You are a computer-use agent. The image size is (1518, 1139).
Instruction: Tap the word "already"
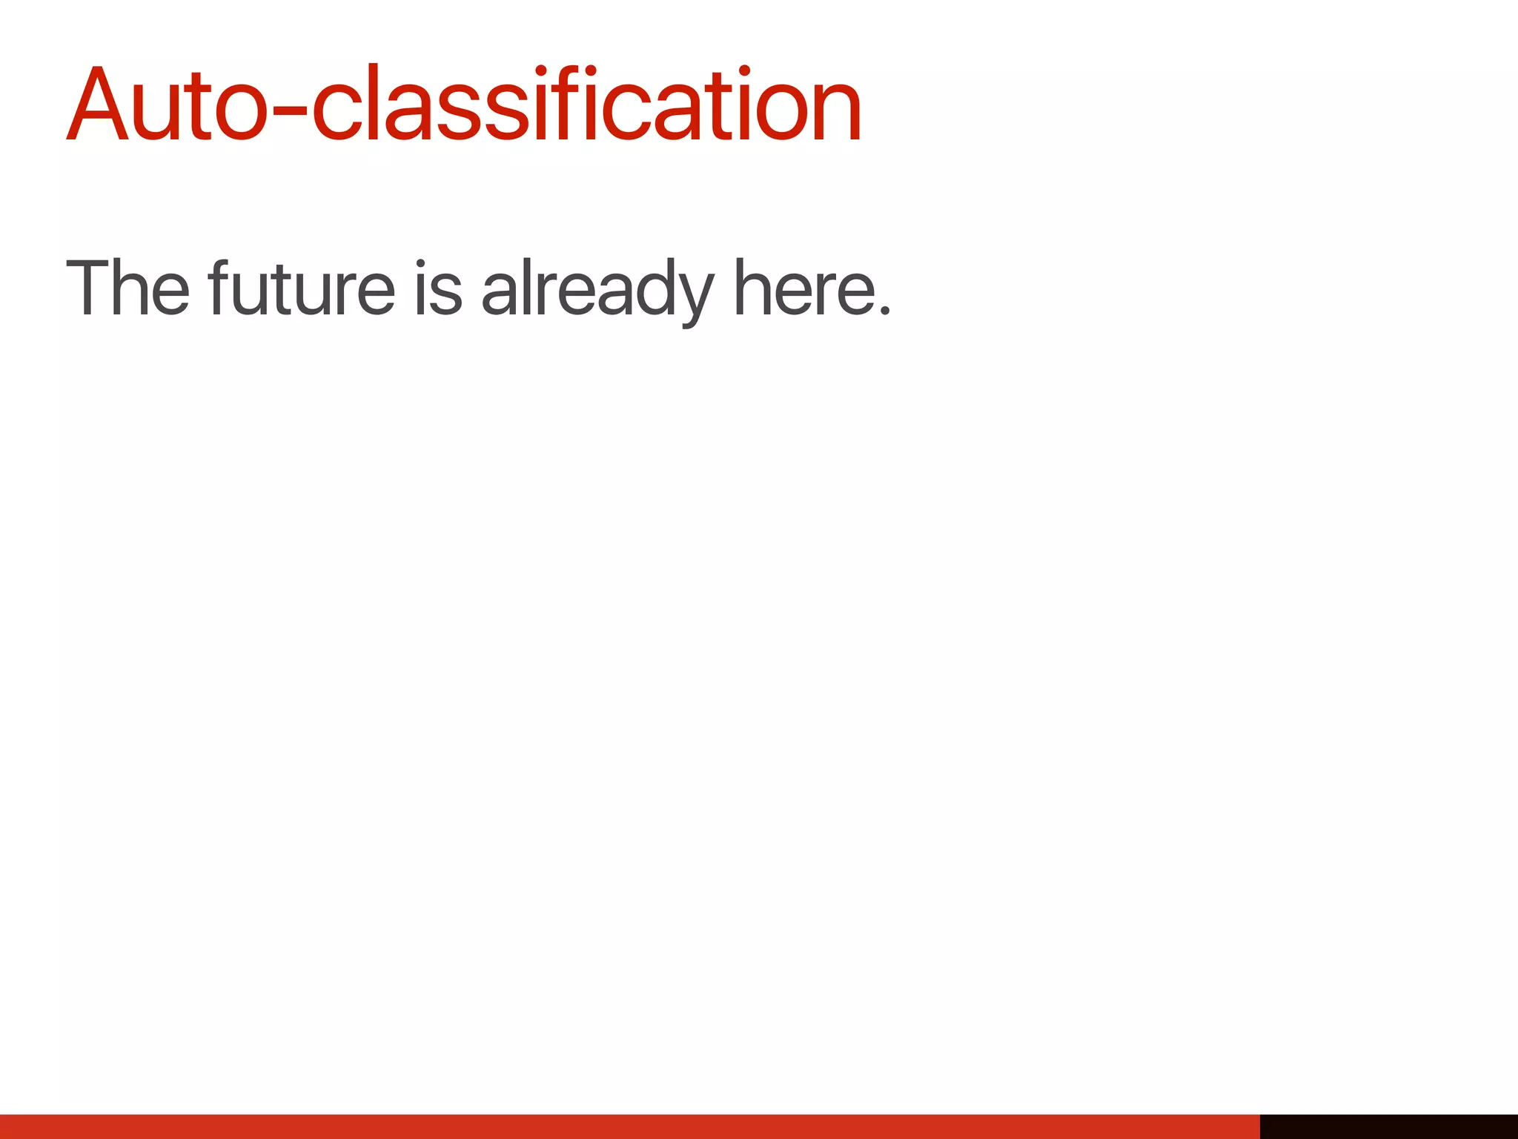pos(597,289)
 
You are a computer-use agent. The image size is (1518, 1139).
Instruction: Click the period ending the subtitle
pos(884,309)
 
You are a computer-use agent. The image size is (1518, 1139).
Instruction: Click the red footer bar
pos(630,1126)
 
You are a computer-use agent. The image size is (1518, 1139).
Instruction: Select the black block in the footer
pos(1388,1126)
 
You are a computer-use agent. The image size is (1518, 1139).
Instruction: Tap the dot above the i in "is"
pos(420,263)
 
